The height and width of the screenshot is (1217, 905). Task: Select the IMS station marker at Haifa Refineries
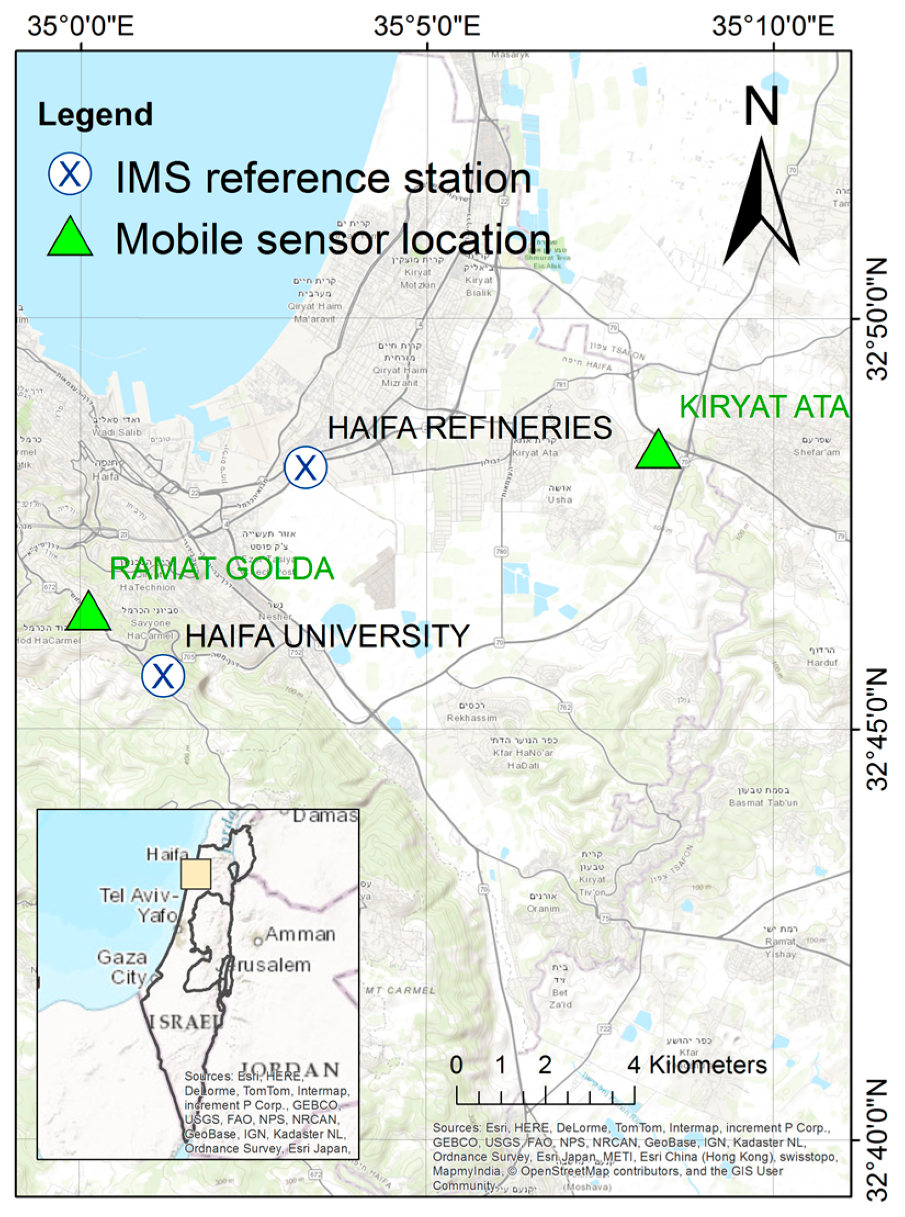306,467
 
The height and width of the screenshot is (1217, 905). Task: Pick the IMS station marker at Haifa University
163,675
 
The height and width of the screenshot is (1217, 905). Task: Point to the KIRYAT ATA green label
764,407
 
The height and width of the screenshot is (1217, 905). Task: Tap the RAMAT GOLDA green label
222,568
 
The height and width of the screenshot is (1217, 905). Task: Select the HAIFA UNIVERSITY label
327,636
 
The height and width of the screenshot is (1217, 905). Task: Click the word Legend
95,115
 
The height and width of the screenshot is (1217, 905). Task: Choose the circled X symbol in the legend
70,174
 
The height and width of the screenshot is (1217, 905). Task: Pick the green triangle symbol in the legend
70,238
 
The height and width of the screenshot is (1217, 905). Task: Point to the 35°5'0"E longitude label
427,26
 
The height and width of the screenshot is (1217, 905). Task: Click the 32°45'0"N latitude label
878,729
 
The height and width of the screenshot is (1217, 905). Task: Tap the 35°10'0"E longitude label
773,26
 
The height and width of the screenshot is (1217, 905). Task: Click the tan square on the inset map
196,874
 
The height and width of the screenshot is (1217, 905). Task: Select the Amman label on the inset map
299,934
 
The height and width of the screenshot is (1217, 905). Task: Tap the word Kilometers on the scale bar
708,1065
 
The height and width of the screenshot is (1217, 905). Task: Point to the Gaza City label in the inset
122,967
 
